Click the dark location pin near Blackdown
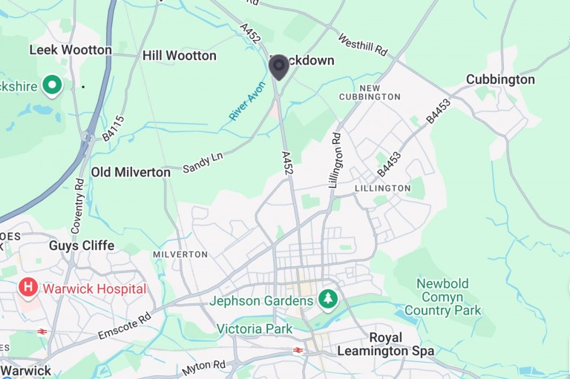point(278,67)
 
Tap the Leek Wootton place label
point(70,50)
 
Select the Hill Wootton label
point(180,56)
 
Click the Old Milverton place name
point(131,172)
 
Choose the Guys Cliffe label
point(82,245)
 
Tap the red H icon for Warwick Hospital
point(28,288)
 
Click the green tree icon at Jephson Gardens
point(327,300)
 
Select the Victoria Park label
point(254,329)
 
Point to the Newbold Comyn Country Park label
point(443,297)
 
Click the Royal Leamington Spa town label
point(385,343)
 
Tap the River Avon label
point(247,102)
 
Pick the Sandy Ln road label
point(203,163)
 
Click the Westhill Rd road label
point(363,45)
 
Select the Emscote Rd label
point(125,327)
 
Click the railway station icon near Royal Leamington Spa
point(298,350)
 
